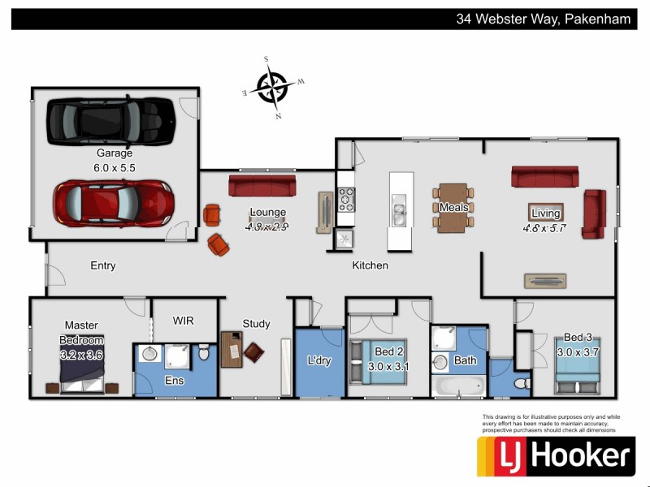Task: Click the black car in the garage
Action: (x=110, y=119)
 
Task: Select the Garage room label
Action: (x=114, y=153)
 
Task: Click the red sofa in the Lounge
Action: (x=262, y=185)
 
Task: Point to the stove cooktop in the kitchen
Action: (x=346, y=199)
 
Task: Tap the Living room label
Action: (x=545, y=213)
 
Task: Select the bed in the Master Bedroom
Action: (x=82, y=375)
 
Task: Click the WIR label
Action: (x=183, y=321)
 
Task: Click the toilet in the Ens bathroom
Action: (x=205, y=355)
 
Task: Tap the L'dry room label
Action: (x=318, y=360)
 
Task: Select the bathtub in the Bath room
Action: (x=459, y=386)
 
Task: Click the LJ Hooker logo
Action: (x=555, y=456)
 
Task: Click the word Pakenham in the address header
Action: (x=597, y=19)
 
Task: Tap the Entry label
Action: (x=103, y=265)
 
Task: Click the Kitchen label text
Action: (x=370, y=265)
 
